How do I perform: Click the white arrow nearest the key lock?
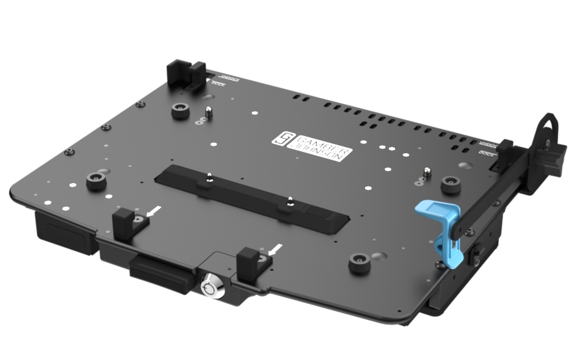[x=276, y=248]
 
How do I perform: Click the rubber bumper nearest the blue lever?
[x=451, y=181]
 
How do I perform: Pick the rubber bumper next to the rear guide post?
[x=179, y=111]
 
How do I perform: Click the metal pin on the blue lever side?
[x=427, y=173]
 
